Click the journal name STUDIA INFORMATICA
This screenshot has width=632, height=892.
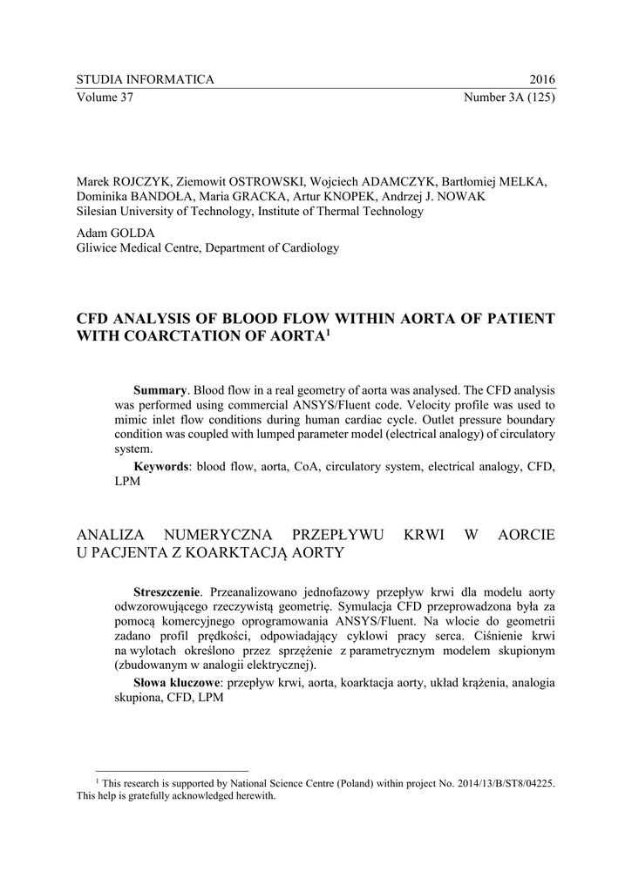(x=145, y=80)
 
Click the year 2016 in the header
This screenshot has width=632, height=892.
(x=542, y=80)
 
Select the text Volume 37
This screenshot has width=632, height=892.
(x=105, y=97)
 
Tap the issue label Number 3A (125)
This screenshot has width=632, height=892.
(x=509, y=97)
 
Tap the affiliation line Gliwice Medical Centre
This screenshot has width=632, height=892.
(x=143, y=248)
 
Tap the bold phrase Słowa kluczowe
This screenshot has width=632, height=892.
(x=174, y=682)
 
